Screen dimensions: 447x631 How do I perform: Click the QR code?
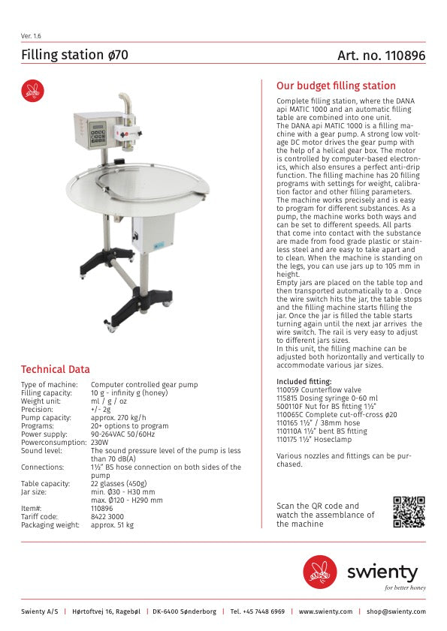[x=409, y=512]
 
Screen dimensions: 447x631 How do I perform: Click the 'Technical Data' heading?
[x=55, y=369]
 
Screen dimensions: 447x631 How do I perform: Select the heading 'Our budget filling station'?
[x=336, y=86]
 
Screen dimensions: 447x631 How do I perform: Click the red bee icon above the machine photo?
[x=32, y=91]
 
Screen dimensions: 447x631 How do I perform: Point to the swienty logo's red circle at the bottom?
[x=319, y=570]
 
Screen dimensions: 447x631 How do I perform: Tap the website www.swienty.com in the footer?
[x=325, y=611]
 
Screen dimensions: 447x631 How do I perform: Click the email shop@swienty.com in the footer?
[x=396, y=611]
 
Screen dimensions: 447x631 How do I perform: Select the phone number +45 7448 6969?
[x=258, y=611]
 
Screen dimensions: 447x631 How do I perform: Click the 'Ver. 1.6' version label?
[x=31, y=35]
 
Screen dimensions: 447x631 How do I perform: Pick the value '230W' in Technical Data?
[x=100, y=443]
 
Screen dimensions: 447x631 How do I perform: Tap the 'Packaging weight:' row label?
[x=50, y=524]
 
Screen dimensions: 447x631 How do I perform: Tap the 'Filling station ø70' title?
[x=74, y=55]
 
